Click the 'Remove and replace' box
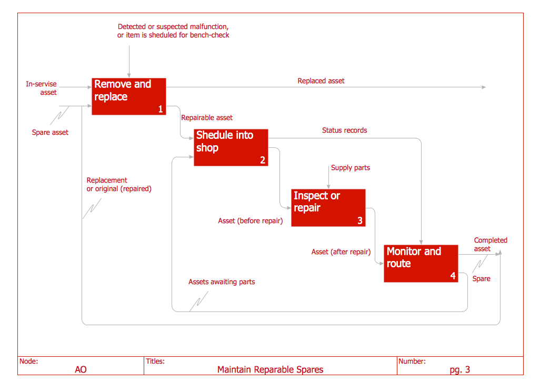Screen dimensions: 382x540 pyautogui.click(x=129, y=96)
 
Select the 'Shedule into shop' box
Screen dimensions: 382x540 pyautogui.click(x=231, y=147)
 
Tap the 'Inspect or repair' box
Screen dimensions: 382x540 pyautogui.click(x=328, y=208)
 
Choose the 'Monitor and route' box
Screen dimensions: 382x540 pyautogui.click(x=421, y=264)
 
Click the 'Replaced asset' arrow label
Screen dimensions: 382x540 pyautogui.click(x=321, y=81)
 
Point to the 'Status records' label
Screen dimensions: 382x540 pyautogui.click(x=344, y=130)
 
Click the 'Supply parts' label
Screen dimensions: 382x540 pyautogui.click(x=351, y=168)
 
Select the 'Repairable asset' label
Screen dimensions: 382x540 pyautogui.click(x=207, y=118)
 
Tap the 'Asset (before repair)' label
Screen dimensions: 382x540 pyautogui.click(x=251, y=221)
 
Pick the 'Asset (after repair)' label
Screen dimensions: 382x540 pyautogui.click(x=341, y=252)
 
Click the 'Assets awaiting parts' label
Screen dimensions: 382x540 pyautogui.click(x=222, y=282)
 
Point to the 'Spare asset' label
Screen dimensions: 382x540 pyautogui.click(x=50, y=133)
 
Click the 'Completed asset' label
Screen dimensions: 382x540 pyautogui.click(x=490, y=244)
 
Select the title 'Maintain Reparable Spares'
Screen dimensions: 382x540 pyautogui.click(x=271, y=370)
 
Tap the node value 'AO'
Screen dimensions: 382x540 pyautogui.click(x=81, y=370)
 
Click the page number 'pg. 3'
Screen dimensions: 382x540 pyautogui.click(x=460, y=370)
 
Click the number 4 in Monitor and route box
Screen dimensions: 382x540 pyautogui.click(x=453, y=276)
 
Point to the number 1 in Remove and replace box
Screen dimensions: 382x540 pyautogui.click(x=161, y=109)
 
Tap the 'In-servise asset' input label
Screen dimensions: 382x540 pyautogui.click(x=42, y=88)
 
